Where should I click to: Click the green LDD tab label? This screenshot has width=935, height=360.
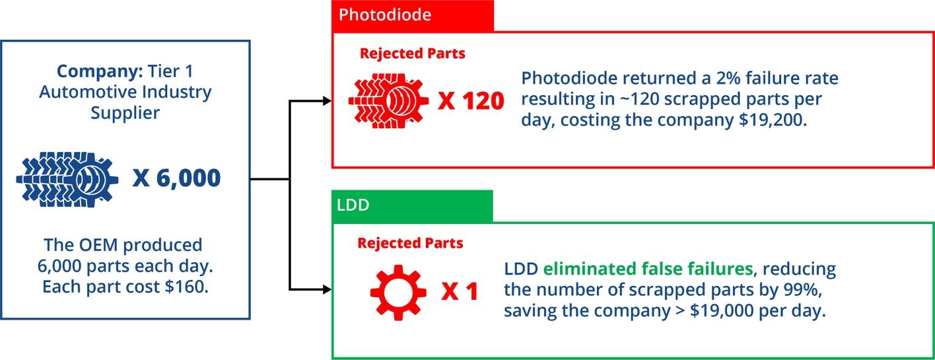[353, 205]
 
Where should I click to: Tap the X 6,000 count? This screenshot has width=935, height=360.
[176, 178]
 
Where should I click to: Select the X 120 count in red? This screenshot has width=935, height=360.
[471, 101]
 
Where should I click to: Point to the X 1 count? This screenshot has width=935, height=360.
[459, 291]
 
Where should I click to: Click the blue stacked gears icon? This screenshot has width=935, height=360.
[67, 178]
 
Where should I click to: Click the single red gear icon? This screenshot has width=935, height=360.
[394, 291]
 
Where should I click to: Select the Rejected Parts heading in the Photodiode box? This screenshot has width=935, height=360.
[412, 54]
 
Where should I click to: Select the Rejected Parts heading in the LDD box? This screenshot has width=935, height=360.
[410, 243]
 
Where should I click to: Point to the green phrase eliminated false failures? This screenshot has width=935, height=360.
[647, 269]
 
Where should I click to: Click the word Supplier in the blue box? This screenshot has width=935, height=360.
[125, 112]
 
